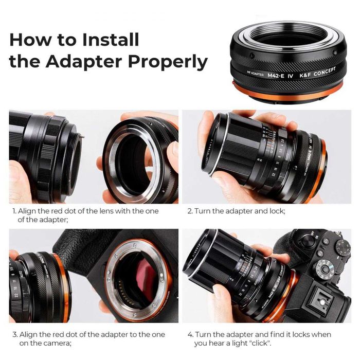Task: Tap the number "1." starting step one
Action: pos(13,211)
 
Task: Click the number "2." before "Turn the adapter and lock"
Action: pos(189,211)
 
